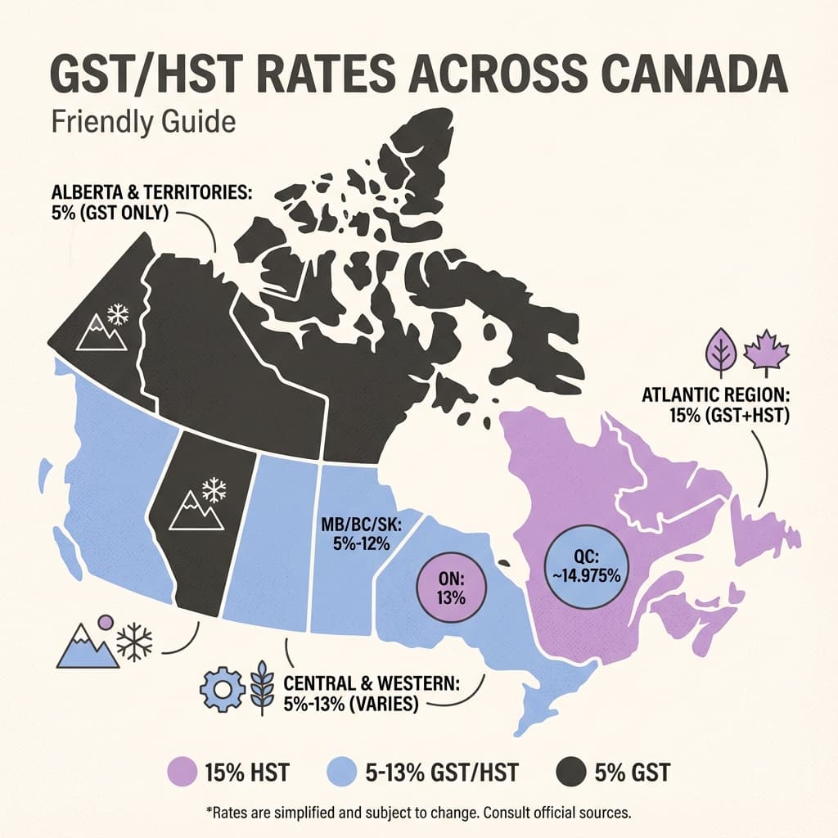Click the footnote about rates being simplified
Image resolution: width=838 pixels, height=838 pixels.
coord(418,814)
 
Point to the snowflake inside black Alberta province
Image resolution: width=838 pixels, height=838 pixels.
coord(214,490)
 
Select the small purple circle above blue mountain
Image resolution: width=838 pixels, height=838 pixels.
coord(105,622)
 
